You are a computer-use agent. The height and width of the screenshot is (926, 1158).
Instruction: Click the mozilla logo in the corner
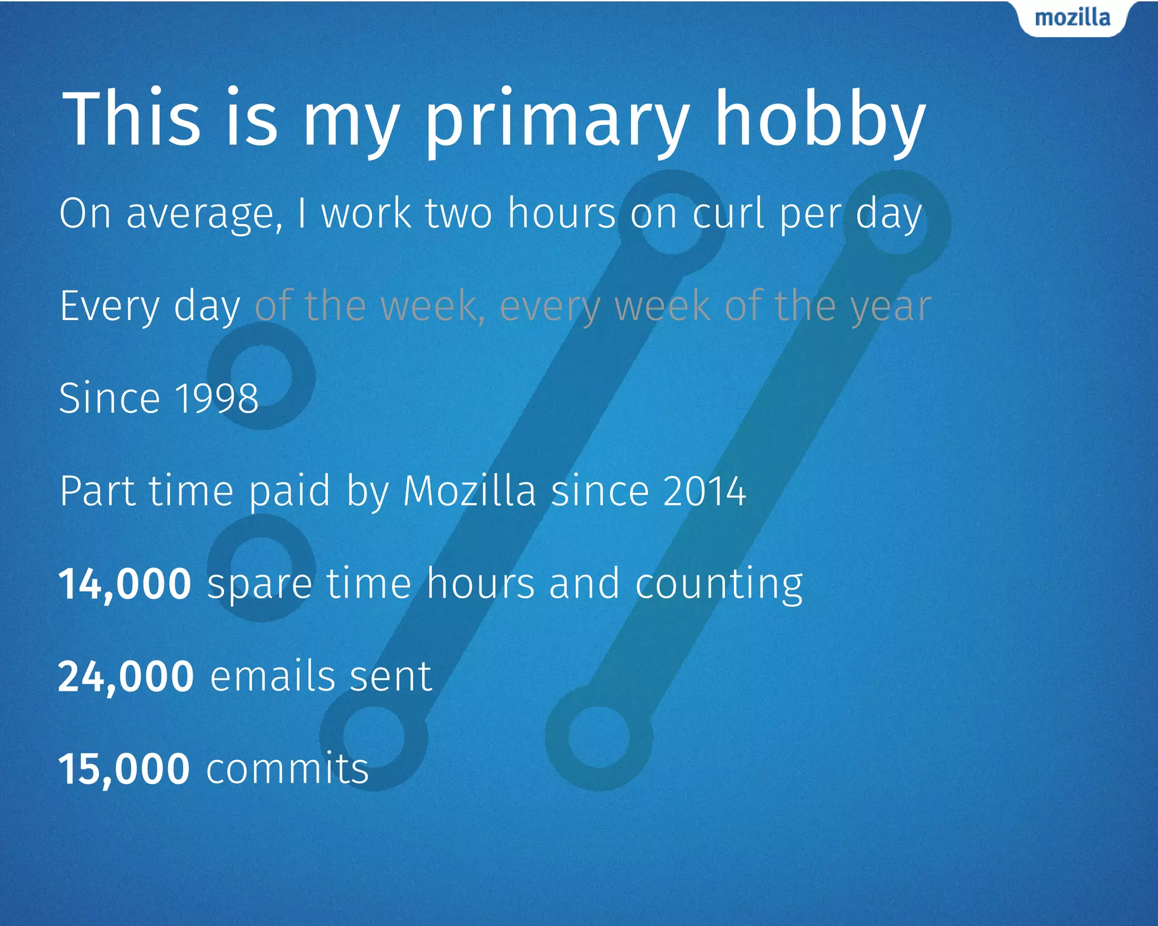coord(1072,18)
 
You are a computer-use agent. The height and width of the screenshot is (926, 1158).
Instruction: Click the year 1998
coord(217,398)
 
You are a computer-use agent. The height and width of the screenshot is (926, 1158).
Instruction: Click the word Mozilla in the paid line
coord(469,491)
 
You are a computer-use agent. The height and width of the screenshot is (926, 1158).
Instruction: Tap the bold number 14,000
coord(125,585)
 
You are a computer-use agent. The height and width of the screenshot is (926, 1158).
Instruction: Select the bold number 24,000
coord(126,677)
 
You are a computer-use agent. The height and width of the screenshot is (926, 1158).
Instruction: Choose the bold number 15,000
coord(124,769)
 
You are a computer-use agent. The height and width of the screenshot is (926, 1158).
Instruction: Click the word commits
coord(287,769)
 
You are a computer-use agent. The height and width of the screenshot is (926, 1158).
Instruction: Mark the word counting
coord(719,585)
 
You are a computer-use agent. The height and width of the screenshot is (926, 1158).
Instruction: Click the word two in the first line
coord(459,214)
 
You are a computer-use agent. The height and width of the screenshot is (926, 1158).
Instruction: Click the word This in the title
coord(131,120)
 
